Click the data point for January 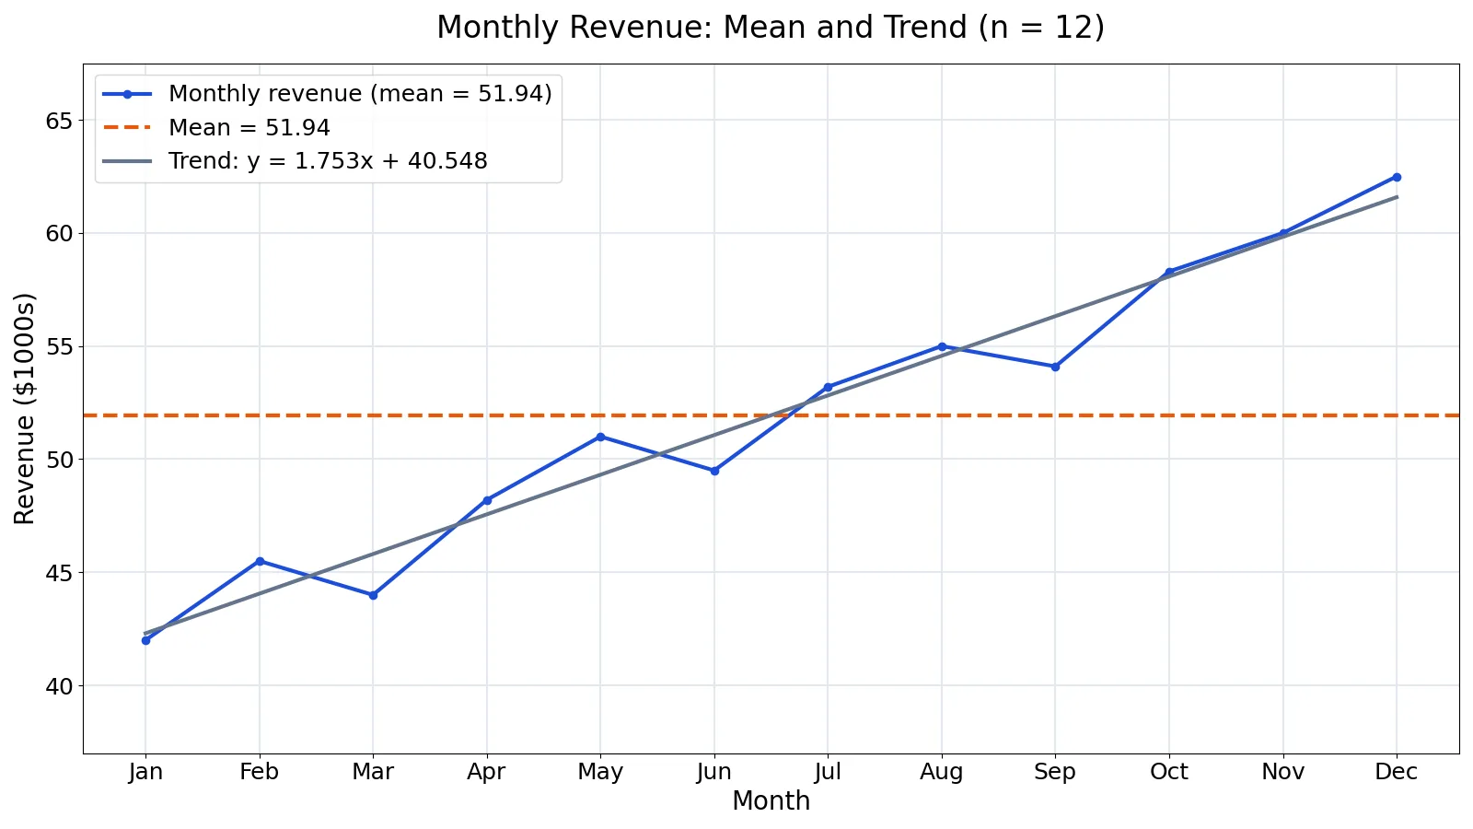click(146, 640)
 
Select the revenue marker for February click(260, 561)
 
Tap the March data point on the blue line click(374, 595)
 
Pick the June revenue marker click(714, 471)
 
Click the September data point click(1055, 368)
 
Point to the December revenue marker click(1397, 178)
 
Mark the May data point click(600, 437)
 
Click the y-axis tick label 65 click(58, 121)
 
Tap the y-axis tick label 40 click(58, 686)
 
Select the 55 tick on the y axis click(58, 346)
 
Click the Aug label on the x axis click(942, 772)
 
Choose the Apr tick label click(487, 772)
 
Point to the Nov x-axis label click(1283, 771)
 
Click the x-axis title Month click(771, 801)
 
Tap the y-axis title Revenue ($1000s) click(24, 409)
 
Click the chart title click(771, 28)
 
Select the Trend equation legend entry click(328, 161)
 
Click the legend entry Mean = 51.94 click(249, 128)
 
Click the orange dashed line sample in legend click(128, 128)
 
